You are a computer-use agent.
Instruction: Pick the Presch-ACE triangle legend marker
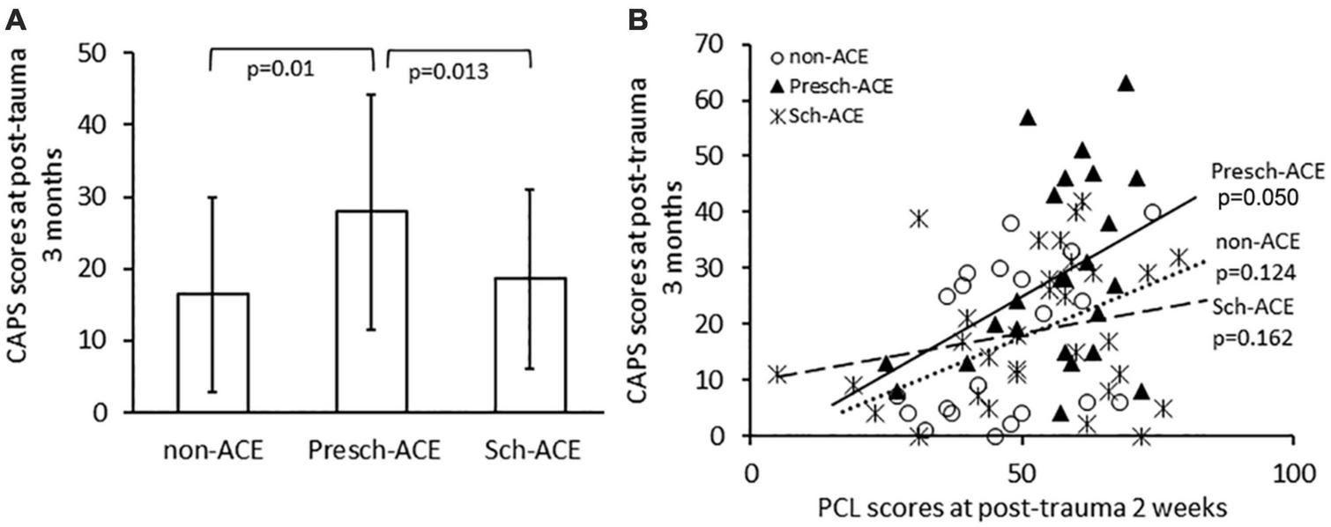(777, 88)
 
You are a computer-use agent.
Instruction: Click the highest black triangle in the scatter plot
(1126, 84)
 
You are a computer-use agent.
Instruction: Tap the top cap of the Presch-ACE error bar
(371, 94)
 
